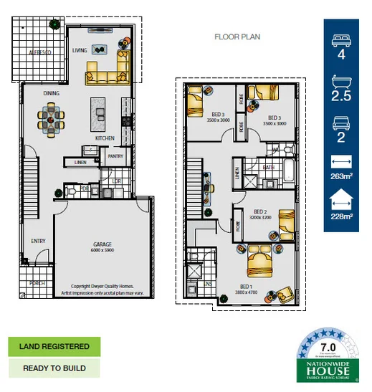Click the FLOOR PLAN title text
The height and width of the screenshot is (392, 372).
(x=237, y=37)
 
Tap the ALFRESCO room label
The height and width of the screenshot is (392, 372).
(x=39, y=53)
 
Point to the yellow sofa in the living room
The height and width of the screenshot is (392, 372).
(x=108, y=72)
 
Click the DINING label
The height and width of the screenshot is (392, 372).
(x=51, y=93)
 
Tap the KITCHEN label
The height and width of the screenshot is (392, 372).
(x=105, y=138)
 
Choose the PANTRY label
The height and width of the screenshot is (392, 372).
(x=115, y=155)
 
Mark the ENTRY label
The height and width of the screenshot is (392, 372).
(x=37, y=241)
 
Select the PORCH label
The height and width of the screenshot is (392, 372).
(x=37, y=283)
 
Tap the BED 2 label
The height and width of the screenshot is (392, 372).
(x=260, y=211)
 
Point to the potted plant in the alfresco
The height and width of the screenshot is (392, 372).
(x=54, y=24)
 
